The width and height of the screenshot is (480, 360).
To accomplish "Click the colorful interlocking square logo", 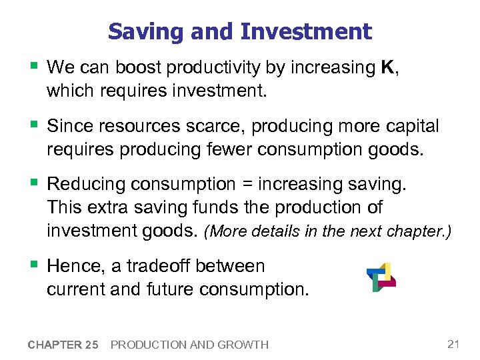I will pos(381,277).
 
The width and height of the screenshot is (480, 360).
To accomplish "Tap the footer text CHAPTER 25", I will pos(63,345).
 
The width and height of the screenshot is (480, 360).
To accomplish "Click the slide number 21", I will pos(453,344).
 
